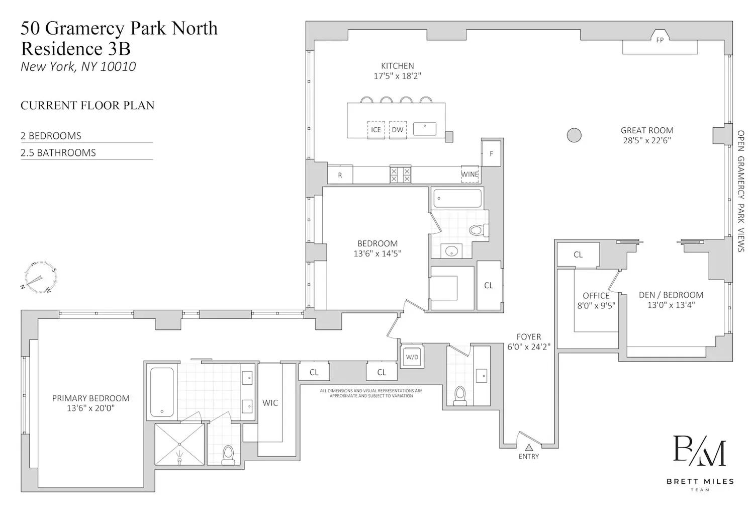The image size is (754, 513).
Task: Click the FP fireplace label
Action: pos(659,40)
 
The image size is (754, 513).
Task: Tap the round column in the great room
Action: pos(574,135)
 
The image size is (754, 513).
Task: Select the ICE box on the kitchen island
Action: pos(376,130)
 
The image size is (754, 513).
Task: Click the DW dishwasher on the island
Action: pos(398,130)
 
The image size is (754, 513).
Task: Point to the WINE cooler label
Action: pos(469,174)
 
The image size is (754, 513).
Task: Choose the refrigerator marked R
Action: pos(340,175)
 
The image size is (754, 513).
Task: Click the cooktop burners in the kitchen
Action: pos(400,175)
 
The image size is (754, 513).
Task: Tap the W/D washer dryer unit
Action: pos(412,357)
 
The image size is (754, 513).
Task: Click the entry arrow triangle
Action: pos(529,447)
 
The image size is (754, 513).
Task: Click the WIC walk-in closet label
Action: pos(270,402)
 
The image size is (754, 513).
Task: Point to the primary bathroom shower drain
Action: pos(180,459)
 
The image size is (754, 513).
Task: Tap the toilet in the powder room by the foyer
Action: pos(460,396)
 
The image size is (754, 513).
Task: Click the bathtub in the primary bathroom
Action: pos(162,392)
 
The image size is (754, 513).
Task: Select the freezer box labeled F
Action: pos(491,153)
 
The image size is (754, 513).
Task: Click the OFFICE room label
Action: pos(596,295)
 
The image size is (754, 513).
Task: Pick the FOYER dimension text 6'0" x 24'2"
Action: pos(529,347)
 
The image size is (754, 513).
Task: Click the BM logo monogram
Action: pos(699,450)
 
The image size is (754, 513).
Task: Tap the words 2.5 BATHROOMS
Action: pos(58,152)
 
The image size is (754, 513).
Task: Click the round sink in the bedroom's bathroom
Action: pos(451,250)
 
